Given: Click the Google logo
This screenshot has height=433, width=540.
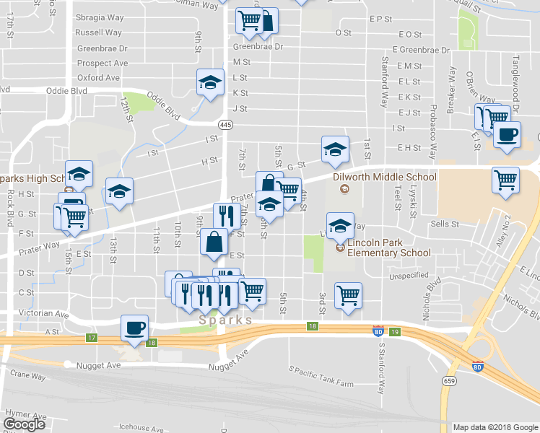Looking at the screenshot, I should coord(25,424).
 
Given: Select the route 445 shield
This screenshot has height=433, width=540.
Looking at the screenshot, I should coord(227,125).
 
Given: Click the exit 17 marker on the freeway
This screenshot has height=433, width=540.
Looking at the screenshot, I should coord(91,338).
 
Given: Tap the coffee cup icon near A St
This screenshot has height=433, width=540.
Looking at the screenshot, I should coord(135,329).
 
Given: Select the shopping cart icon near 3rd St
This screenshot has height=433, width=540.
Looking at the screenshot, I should coord(349,294).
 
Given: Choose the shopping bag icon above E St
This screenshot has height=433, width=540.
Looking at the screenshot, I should coord(215,242).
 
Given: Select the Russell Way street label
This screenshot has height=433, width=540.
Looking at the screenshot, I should coord(98,32).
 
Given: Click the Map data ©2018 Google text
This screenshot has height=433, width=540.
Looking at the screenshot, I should coord(495,427).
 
